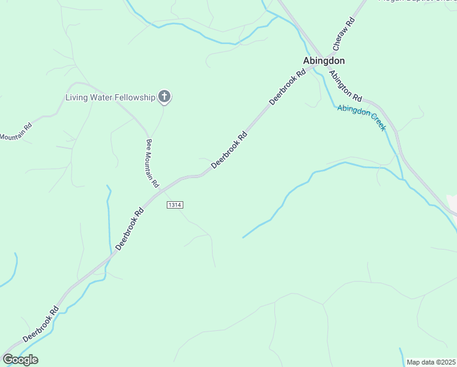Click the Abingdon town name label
324,61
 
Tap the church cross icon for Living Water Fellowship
164,97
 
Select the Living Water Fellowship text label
111,97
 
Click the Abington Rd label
346,86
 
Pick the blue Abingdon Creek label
362,117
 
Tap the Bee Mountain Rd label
152,163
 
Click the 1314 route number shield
174,205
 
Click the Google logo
20,360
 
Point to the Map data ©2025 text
431,362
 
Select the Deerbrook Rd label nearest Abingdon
287,87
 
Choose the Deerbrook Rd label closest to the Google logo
41,324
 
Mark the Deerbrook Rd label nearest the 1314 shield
130,228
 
